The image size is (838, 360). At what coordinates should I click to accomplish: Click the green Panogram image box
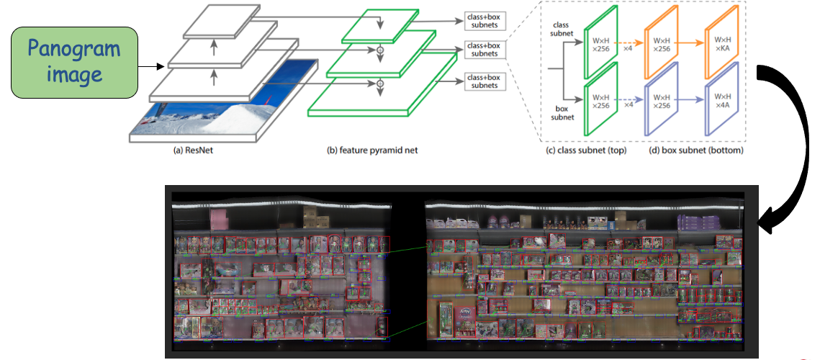tap(73, 63)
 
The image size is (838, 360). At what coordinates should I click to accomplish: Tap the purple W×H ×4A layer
tap(722, 100)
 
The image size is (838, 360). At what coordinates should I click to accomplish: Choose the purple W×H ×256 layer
tap(662, 100)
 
